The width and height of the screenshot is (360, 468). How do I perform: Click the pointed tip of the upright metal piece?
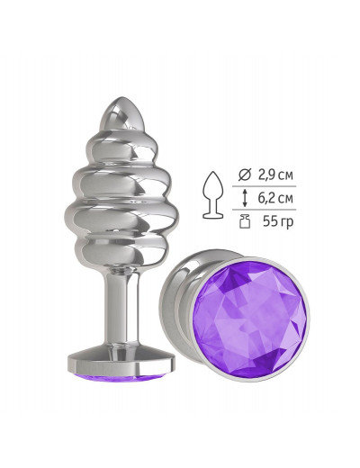pyautogui.click(x=121, y=98)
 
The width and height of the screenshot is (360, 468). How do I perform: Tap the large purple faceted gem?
pyautogui.click(x=249, y=319)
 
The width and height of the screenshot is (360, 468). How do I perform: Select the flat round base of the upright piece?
pyautogui.click(x=121, y=362)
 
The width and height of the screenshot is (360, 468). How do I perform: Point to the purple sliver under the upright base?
pyautogui.click(x=121, y=379)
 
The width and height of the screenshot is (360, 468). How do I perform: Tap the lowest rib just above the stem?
pyautogui.click(x=121, y=251)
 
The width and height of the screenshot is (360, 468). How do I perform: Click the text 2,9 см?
pyautogui.click(x=275, y=175)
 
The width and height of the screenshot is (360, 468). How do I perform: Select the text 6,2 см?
pyautogui.click(x=275, y=198)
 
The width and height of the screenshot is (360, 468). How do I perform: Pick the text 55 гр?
pyautogui.click(x=278, y=222)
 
